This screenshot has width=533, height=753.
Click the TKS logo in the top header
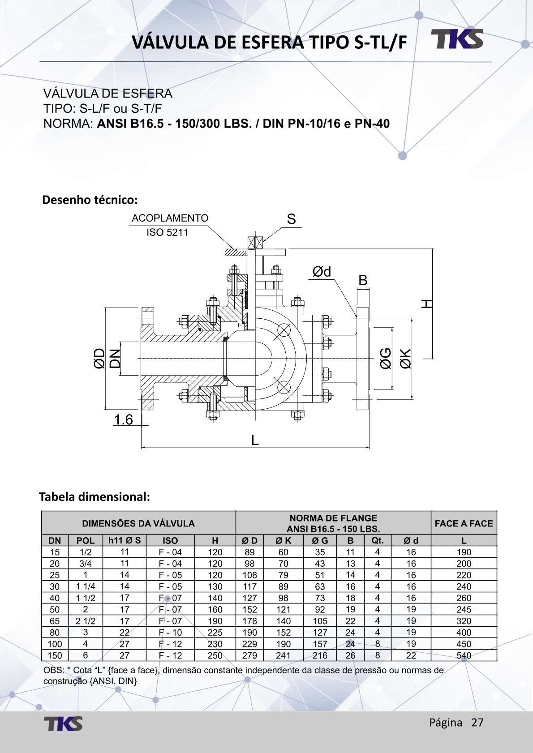(x=457, y=39)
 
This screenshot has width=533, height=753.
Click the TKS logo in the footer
(x=63, y=723)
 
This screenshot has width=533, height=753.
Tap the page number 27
(x=477, y=723)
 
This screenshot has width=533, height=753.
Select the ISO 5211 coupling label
(x=168, y=232)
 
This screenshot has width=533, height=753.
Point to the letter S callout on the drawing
(x=291, y=219)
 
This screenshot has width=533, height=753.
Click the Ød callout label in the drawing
(x=322, y=272)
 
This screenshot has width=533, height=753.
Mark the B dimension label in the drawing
(x=363, y=280)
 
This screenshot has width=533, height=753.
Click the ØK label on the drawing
(x=405, y=359)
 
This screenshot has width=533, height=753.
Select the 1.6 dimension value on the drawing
(x=123, y=419)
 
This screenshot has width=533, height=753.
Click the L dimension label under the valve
(x=255, y=441)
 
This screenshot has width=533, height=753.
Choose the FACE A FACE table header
(x=464, y=523)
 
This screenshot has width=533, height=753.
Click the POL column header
(x=86, y=540)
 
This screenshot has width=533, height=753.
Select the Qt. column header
(x=378, y=540)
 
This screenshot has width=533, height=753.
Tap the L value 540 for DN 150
(x=464, y=655)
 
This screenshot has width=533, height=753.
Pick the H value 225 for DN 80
(x=215, y=633)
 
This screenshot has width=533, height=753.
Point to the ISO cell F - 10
(x=170, y=633)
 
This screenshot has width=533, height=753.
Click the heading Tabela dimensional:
(x=95, y=496)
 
